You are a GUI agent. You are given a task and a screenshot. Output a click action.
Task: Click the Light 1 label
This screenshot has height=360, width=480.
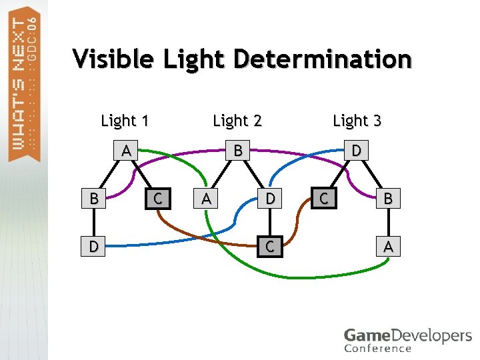click(x=125, y=121)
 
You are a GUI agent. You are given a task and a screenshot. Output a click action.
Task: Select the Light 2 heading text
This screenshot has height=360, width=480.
click(x=237, y=121)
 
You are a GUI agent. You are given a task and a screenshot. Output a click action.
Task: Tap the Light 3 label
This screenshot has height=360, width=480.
click(x=357, y=121)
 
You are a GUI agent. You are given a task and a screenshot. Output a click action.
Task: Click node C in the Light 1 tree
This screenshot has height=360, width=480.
click(x=158, y=198)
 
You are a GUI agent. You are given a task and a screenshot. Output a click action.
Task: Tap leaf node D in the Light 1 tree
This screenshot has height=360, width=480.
click(x=94, y=247)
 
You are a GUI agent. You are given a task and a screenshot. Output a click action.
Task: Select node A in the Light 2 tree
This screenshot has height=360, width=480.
click(x=207, y=198)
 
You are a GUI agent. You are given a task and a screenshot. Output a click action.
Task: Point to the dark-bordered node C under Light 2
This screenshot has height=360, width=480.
click(x=269, y=247)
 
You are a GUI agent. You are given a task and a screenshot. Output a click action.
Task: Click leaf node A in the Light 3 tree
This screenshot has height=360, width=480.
click(x=389, y=247)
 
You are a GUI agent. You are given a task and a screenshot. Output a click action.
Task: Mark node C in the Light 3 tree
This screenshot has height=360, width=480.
click(x=323, y=198)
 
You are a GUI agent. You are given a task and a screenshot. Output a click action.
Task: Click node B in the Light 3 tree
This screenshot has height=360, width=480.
click(x=389, y=198)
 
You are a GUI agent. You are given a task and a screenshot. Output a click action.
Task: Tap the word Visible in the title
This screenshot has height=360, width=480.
click(x=111, y=60)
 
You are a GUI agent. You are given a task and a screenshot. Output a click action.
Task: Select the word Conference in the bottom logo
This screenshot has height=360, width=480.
click(x=378, y=348)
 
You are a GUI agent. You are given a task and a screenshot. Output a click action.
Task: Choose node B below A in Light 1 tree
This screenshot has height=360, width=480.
click(x=94, y=198)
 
